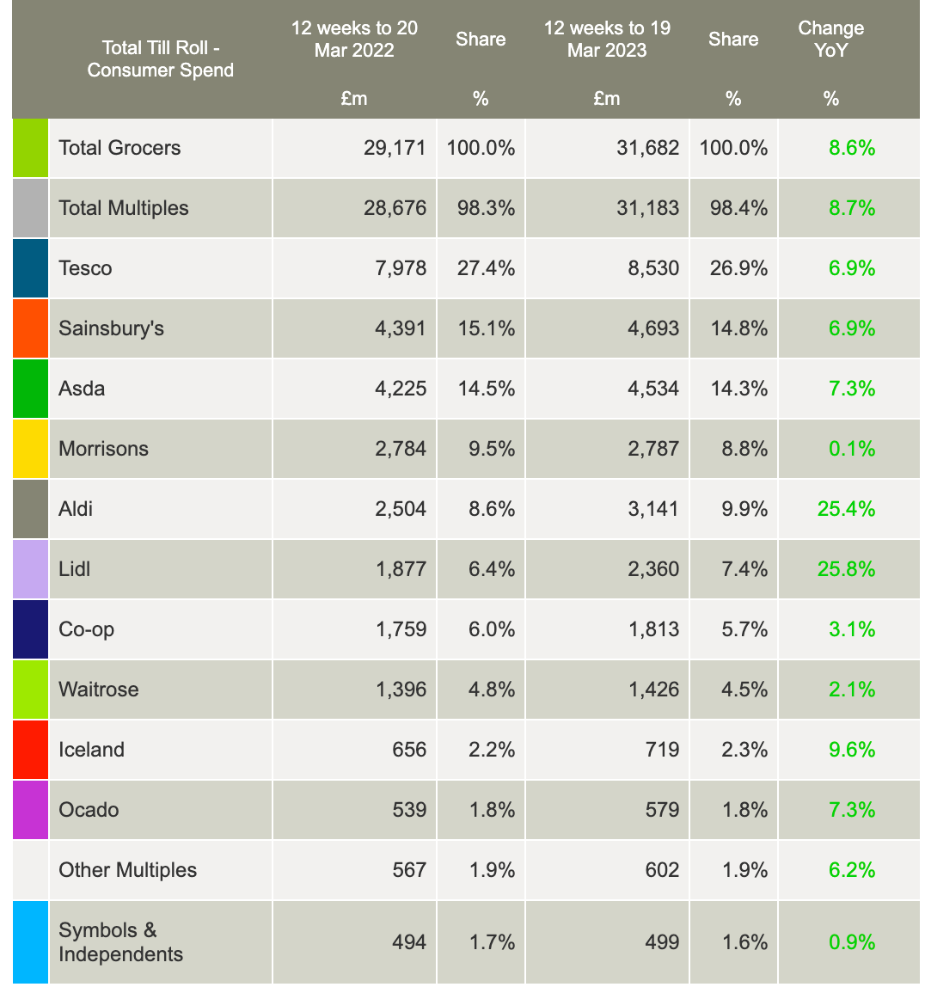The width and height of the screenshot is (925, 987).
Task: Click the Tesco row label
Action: tap(85, 268)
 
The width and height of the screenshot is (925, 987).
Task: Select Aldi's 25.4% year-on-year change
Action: tap(846, 509)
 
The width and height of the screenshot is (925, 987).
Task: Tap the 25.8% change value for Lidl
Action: tap(846, 569)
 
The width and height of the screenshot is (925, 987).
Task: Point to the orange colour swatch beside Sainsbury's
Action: tap(30, 328)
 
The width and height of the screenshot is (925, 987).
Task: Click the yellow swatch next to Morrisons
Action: tap(30, 449)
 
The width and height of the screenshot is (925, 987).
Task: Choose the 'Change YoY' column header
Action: tap(830, 40)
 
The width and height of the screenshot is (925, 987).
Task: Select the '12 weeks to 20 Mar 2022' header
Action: tap(354, 40)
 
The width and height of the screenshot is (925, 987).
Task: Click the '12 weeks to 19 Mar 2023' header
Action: tap(607, 40)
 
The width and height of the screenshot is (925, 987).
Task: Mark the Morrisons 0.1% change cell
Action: tap(851, 449)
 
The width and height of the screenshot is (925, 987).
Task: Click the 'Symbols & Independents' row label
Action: tap(120, 942)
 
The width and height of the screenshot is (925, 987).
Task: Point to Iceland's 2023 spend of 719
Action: tap(662, 750)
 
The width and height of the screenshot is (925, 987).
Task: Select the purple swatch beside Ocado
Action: tap(30, 810)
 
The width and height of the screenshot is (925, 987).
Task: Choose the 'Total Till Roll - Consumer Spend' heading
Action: tap(161, 58)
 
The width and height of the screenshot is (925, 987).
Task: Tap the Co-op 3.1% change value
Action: tap(851, 629)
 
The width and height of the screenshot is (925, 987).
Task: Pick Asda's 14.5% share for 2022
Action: tap(481, 389)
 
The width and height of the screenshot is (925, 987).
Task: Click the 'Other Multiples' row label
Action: tap(127, 870)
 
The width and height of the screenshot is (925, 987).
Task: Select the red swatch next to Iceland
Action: tap(30, 750)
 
